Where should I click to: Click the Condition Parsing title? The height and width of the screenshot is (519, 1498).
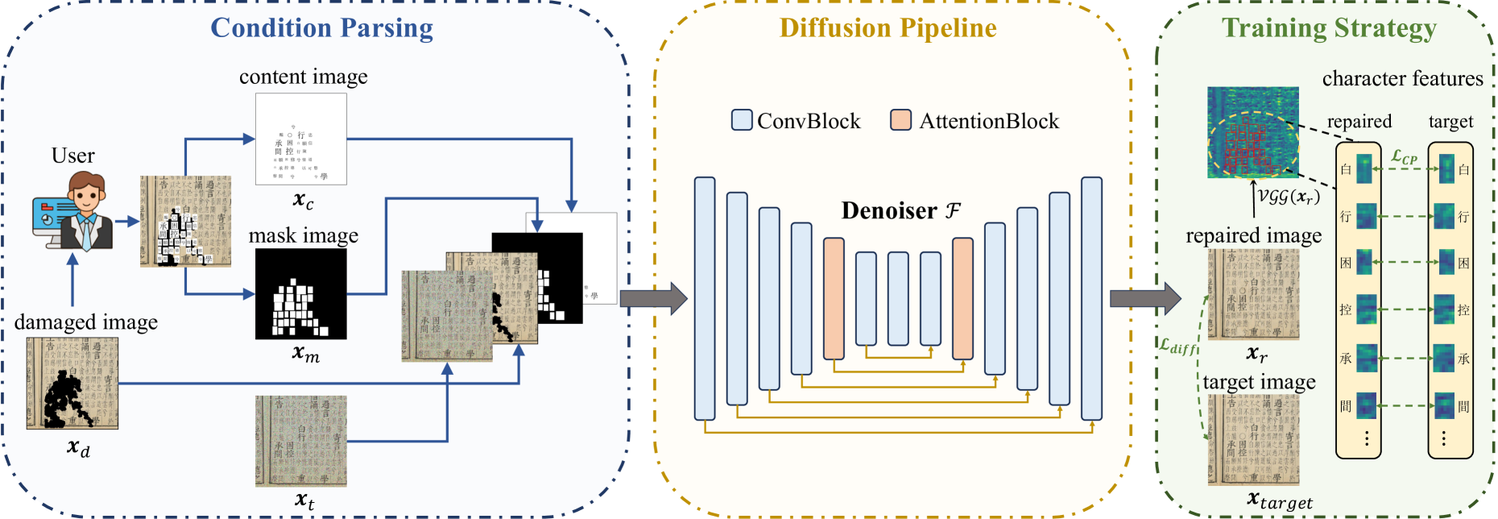321,27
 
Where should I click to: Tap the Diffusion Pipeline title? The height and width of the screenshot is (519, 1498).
888,27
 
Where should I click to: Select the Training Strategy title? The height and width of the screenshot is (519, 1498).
1329,27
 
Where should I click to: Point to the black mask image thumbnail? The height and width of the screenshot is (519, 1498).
301,293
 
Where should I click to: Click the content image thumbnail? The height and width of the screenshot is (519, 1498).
301,139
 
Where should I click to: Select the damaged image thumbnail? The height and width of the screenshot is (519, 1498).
72,383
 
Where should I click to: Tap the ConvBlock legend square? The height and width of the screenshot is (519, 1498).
741,120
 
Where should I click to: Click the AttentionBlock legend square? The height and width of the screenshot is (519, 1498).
900,120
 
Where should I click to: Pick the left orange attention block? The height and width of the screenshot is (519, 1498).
834,298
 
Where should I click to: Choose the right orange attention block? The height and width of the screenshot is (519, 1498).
962,298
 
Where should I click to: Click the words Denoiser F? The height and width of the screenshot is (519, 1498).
900,210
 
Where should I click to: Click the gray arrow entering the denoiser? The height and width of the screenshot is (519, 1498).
653,298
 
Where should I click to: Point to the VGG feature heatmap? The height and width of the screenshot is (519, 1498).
1252,131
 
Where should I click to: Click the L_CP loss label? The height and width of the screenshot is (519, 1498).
1404,156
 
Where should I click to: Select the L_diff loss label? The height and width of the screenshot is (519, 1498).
1178,347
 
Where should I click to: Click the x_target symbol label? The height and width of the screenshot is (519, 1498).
1279,500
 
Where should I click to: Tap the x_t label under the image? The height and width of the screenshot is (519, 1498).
304,500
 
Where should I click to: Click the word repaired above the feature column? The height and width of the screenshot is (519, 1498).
1359,121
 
